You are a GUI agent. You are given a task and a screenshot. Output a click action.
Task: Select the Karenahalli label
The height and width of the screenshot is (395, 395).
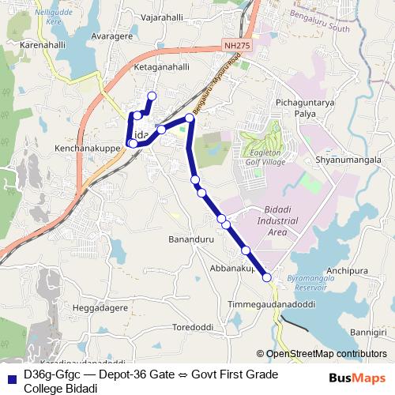coord(42,45)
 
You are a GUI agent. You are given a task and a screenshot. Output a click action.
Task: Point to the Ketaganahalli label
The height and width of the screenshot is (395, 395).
coord(162,67)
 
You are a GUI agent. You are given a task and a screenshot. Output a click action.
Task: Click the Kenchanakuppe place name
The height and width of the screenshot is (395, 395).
coord(87,148)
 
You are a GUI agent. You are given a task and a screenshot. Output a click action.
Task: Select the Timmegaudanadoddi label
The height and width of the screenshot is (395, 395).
coord(271,304)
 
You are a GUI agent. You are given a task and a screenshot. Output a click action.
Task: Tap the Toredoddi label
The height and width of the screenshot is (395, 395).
coord(193,326)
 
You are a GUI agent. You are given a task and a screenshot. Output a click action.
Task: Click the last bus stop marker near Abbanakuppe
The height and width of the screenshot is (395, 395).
coord(267,277)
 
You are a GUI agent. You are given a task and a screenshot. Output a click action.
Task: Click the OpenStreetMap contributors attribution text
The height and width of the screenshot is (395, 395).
coord(326,354)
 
